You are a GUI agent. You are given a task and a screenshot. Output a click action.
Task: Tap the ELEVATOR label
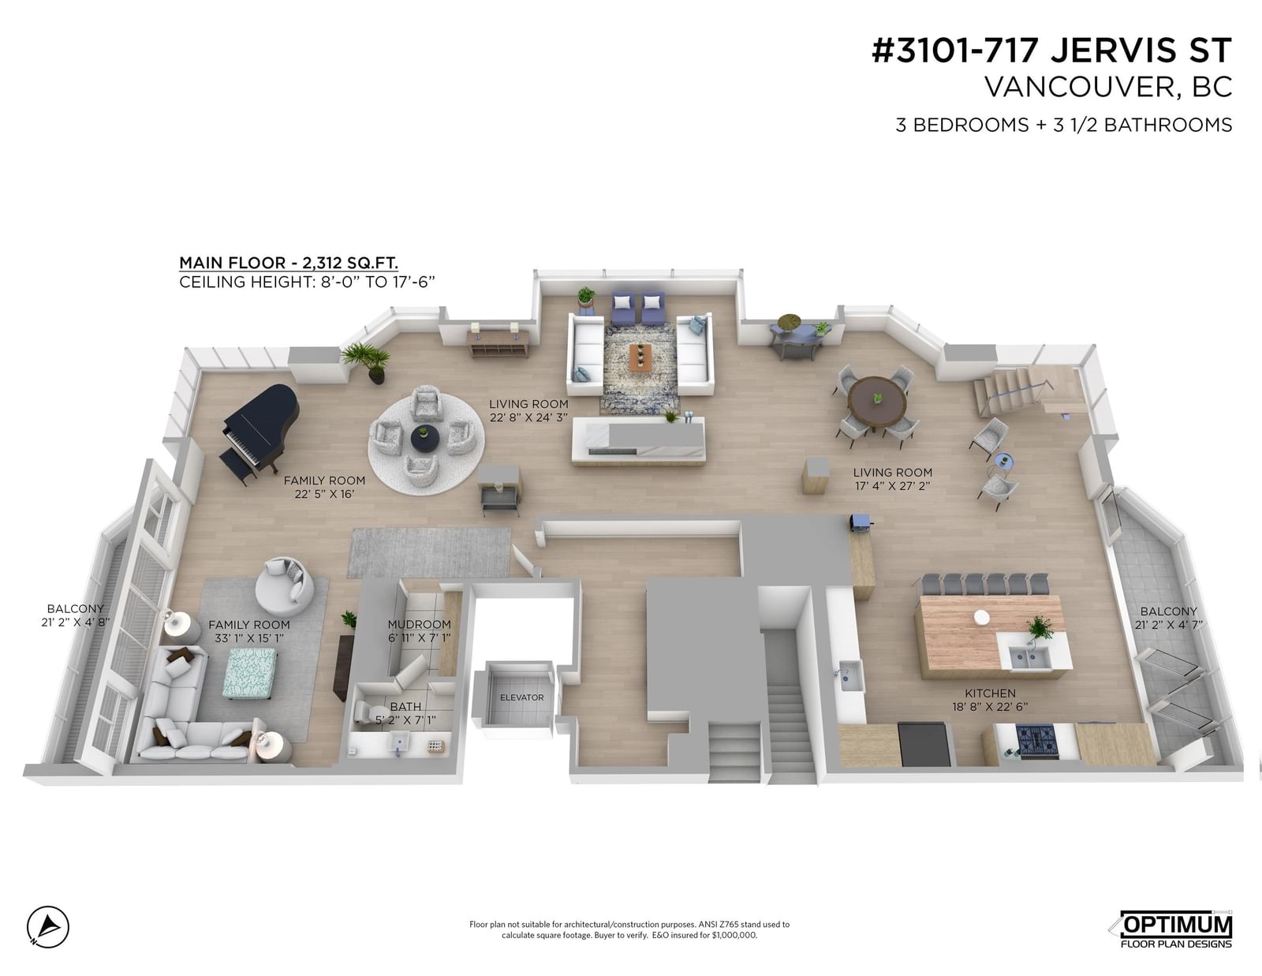(x=521, y=697)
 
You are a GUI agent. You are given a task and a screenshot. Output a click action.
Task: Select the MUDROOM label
(x=420, y=624)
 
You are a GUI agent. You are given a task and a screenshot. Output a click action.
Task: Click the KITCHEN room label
(x=990, y=693)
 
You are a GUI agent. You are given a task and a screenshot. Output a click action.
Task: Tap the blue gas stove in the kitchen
(x=1037, y=742)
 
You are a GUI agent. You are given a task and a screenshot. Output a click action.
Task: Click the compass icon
(x=48, y=926)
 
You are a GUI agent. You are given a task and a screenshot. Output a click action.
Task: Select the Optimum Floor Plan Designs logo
(x=1171, y=929)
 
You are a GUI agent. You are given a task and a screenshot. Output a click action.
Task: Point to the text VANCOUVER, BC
(x=1108, y=87)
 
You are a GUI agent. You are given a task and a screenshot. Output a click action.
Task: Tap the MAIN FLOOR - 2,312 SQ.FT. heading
(x=289, y=264)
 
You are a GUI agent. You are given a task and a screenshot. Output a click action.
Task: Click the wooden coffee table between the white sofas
(x=640, y=357)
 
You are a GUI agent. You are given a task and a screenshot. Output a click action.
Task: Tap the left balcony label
(x=76, y=615)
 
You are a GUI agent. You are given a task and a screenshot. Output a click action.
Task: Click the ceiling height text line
(x=307, y=282)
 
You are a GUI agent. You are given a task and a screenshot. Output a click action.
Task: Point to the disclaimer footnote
(x=629, y=929)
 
